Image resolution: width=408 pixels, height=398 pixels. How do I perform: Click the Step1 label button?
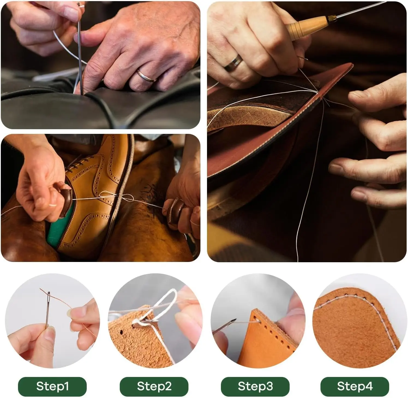tap(52, 386)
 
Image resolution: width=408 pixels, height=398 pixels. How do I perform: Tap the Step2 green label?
tap(154, 386)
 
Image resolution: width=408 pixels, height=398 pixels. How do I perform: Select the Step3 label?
tap(255, 386)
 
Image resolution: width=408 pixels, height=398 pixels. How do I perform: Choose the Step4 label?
tap(355, 386)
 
